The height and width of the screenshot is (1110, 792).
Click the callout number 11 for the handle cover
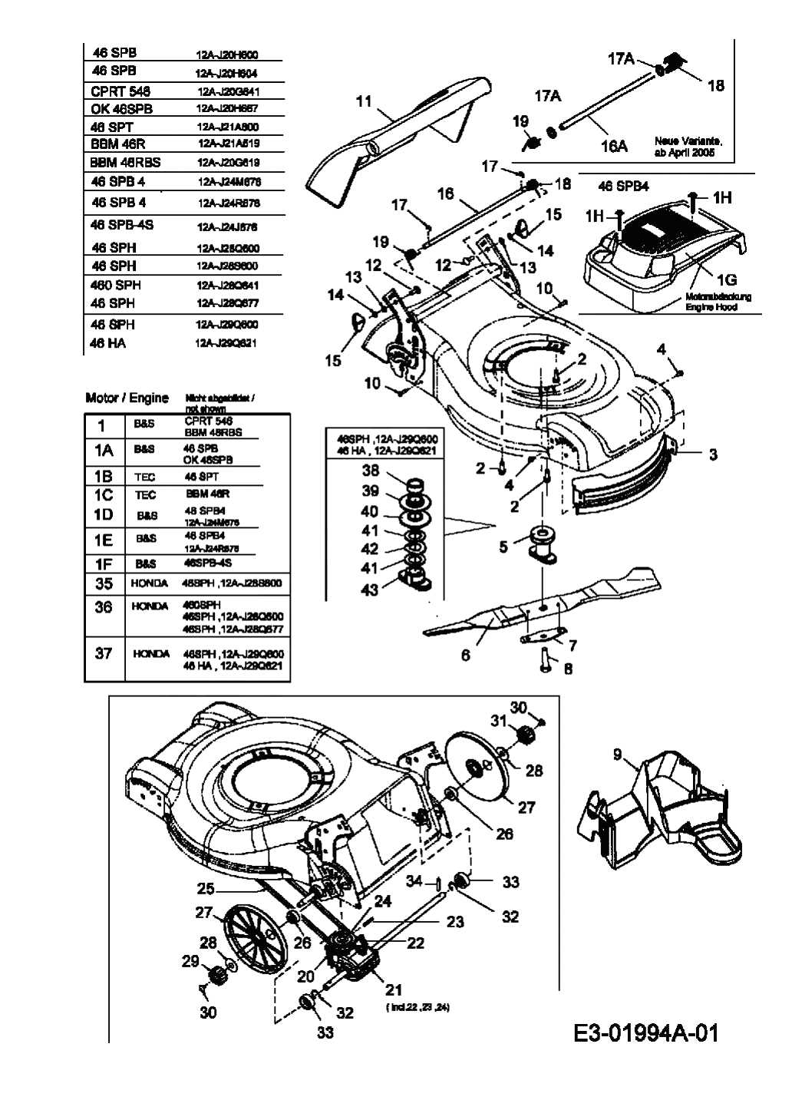[364, 101]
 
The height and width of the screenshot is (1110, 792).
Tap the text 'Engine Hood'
[711, 307]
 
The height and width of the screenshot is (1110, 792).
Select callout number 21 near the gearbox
[393, 989]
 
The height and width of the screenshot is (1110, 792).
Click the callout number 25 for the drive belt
[205, 889]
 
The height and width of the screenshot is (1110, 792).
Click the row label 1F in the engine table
[104, 563]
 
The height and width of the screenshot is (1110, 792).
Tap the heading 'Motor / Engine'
[127, 398]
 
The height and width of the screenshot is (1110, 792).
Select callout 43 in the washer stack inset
[370, 590]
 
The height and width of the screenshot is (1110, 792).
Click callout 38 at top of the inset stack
[370, 471]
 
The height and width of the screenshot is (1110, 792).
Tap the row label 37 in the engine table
[104, 653]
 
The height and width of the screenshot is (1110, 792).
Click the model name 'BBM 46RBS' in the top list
[125, 163]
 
